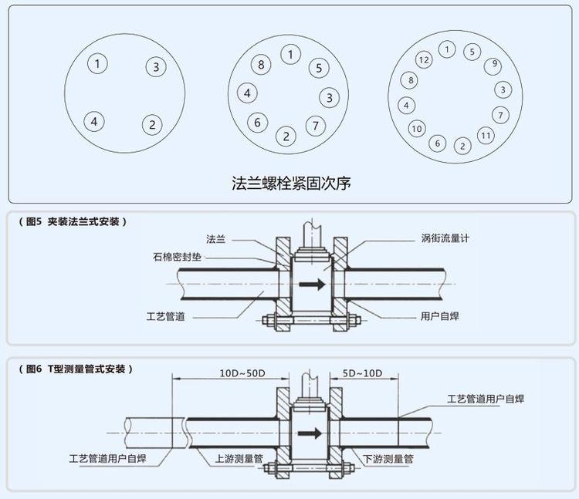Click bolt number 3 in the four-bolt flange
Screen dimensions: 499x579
coord(156,66)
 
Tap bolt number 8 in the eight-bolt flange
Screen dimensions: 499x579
coord(262,65)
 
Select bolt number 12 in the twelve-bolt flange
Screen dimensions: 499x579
coord(423,59)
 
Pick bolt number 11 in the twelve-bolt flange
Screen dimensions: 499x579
coord(485,136)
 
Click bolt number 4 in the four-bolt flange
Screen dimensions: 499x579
coord(94,121)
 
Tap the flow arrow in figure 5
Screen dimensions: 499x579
coord(312,285)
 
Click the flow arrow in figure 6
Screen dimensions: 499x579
coord(312,432)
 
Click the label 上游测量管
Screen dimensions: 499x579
coord(238,459)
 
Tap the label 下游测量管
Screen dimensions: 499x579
coord(388,459)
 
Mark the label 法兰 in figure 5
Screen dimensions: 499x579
coord(215,239)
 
